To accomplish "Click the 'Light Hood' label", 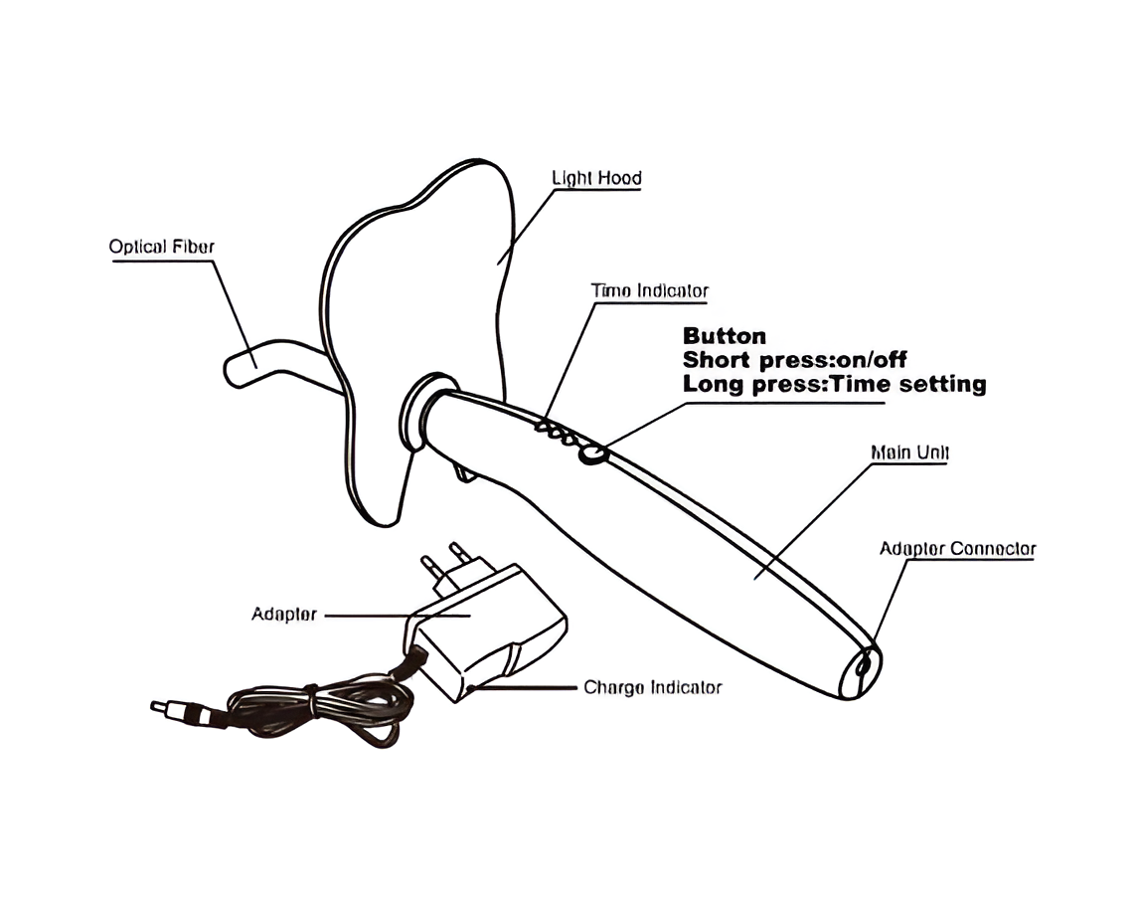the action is tap(596, 178).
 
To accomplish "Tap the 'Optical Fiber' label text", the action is tap(162, 247).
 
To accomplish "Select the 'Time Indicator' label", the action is tap(649, 291).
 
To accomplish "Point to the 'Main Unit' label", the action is tap(909, 452).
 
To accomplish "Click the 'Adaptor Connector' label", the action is tap(958, 549).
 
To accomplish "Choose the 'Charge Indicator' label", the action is tap(653, 688).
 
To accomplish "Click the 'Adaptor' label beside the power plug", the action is tap(284, 615).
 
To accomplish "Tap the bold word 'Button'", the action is tap(724, 336).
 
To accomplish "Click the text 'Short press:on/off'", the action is tap(795, 360).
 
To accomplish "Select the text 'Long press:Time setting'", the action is tap(835, 384).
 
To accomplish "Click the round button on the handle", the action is tap(592, 454).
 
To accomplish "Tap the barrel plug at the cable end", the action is tap(181, 709).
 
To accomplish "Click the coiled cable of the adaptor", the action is tap(320, 710).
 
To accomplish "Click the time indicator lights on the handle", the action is tap(558, 432).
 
